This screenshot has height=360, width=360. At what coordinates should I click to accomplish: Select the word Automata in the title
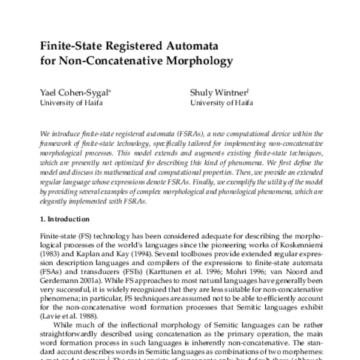click(x=171, y=46)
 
